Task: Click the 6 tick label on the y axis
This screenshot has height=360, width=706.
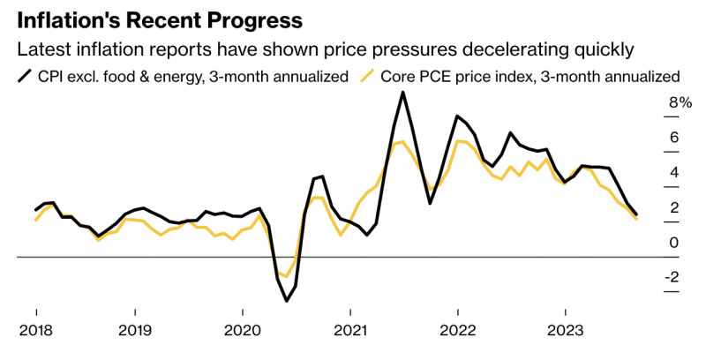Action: pos(674,138)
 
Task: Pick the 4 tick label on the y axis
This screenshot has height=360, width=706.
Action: pos(674,173)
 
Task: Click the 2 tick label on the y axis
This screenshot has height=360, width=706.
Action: pos(674,208)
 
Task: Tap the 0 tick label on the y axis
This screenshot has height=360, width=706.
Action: pos(674,243)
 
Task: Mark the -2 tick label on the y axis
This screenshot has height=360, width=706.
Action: pos(672,277)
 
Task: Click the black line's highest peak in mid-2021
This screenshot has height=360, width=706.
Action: pos(403,93)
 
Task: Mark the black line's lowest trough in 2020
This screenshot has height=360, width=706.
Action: pos(287,301)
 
